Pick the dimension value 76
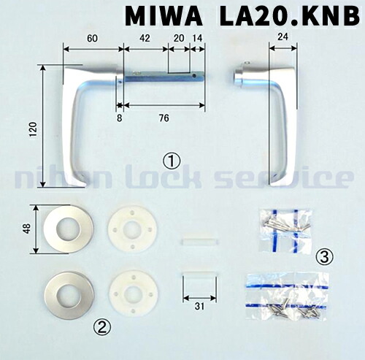pyautogui.click(x=164, y=115)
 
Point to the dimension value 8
pyautogui.click(x=119, y=115)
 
